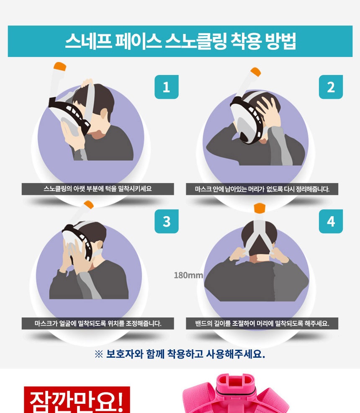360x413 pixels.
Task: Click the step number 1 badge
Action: click(x=166, y=87)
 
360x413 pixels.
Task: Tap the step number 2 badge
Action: click(x=331, y=87)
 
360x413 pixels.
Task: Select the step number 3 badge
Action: click(x=166, y=221)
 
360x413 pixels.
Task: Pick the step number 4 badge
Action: click(x=331, y=221)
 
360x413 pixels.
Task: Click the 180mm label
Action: click(x=188, y=275)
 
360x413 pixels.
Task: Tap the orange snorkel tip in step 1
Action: click(x=60, y=66)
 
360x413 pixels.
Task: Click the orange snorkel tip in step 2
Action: click(x=255, y=72)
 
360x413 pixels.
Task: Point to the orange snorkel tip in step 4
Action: click(x=260, y=208)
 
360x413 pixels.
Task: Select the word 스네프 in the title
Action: click(x=89, y=41)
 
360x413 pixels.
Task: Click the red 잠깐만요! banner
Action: click(x=77, y=400)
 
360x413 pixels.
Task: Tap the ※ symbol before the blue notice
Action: click(x=99, y=354)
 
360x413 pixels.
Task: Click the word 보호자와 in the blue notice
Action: click(x=125, y=354)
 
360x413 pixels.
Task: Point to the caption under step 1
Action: click(x=98, y=189)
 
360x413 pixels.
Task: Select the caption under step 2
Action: click(x=262, y=189)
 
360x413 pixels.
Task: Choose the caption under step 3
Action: click(x=98, y=323)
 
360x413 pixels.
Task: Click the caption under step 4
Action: click(x=262, y=323)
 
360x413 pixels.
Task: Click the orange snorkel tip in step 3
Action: click(x=89, y=204)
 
